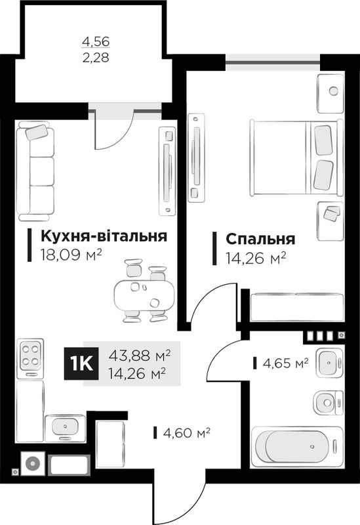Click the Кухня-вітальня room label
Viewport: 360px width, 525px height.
click(104, 236)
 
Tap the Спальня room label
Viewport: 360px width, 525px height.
click(260, 239)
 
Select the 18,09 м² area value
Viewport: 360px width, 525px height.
click(71, 255)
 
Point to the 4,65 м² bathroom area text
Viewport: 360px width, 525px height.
click(285, 363)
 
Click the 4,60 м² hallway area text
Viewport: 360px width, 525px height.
click(186, 432)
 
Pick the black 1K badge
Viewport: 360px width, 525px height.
click(81, 364)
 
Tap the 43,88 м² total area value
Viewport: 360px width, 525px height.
click(140, 356)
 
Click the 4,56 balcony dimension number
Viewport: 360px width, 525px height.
click(96, 41)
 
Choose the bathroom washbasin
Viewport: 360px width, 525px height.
click(329, 363)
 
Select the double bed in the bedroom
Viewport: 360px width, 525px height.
click(296, 157)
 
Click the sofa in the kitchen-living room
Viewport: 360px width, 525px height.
click(35, 171)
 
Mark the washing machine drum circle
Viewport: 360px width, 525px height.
click(32, 464)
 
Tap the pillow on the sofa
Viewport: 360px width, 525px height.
click(37, 132)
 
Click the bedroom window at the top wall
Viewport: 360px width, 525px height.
click(273, 62)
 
